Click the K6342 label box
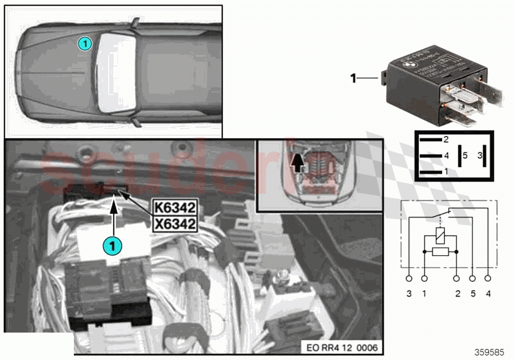click(175, 207)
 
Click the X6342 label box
click(175, 224)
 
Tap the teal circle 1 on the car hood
click(85, 44)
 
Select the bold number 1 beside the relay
click(353, 77)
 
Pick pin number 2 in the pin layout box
click(445, 140)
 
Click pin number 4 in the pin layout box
click(445, 156)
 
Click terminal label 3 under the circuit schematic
click(409, 294)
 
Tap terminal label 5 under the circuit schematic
click(472, 294)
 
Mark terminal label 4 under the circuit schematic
click(488, 294)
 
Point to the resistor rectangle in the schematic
click(440, 252)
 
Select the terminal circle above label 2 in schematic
click(456, 279)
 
